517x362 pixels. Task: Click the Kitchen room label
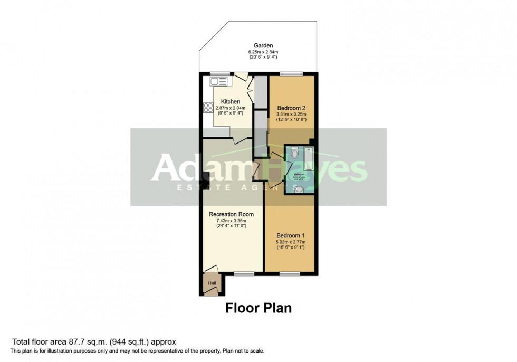click(231, 101)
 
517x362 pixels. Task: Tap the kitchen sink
click(218, 81)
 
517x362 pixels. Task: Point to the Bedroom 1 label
click(290, 235)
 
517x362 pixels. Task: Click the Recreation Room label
click(232, 214)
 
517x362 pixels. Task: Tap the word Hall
click(212, 283)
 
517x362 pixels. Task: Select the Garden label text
click(263, 46)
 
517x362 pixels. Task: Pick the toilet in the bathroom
click(295, 153)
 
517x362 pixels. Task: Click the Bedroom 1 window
click(290, 273)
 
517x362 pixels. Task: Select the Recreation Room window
click(243, 273)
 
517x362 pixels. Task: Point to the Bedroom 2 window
click(289, 74)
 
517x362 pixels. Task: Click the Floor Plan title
click(258, 308)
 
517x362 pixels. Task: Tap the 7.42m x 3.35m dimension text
click(232, 221)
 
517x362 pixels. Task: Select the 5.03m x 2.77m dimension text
click(290, 242)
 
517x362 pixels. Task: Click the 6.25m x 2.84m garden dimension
click(263, 52)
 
